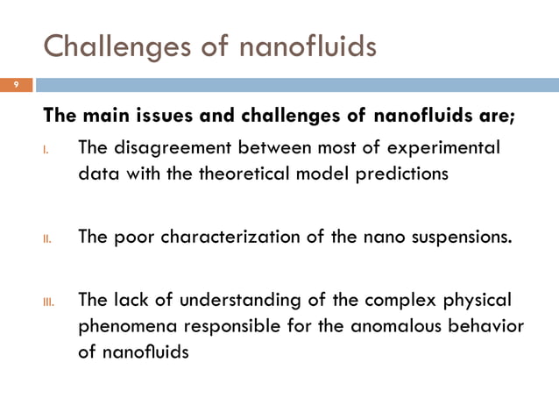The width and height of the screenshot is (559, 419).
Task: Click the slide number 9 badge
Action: click(15, 85)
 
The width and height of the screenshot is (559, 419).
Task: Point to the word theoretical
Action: click(211, 173)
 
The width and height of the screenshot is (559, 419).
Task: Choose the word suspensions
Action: click(458, 238)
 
